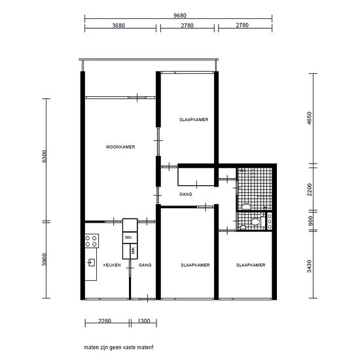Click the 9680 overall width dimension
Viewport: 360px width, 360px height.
tap(180, 16)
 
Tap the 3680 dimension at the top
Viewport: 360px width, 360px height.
tap(118, 26)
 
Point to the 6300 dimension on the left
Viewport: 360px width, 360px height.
tap(45, 156)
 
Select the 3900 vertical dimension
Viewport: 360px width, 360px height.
tap(45, 259)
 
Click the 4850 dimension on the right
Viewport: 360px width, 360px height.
tap(310, 118)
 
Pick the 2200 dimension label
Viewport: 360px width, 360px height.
tap(310, 190)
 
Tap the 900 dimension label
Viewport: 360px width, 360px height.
tap(310, 221)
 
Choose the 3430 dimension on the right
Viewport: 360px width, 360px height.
tap(310, 266)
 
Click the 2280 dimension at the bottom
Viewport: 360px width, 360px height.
tap(105, 321)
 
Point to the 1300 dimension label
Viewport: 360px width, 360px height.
tap(144, 321)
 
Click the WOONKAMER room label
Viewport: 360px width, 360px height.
tap(120, 147)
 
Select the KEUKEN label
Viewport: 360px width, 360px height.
tap(112, 265)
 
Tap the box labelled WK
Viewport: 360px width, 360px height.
tap(130, 238)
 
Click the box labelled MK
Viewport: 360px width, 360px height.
tap(134, 251)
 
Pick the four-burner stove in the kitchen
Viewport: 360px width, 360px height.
tap(92, 241)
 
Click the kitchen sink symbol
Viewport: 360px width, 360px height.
tap(92, 262)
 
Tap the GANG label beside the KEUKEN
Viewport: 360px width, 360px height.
tap(145, 265)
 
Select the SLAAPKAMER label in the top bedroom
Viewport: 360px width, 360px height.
tap(194, 120)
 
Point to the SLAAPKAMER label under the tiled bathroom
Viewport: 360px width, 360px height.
tap(251, 265)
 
